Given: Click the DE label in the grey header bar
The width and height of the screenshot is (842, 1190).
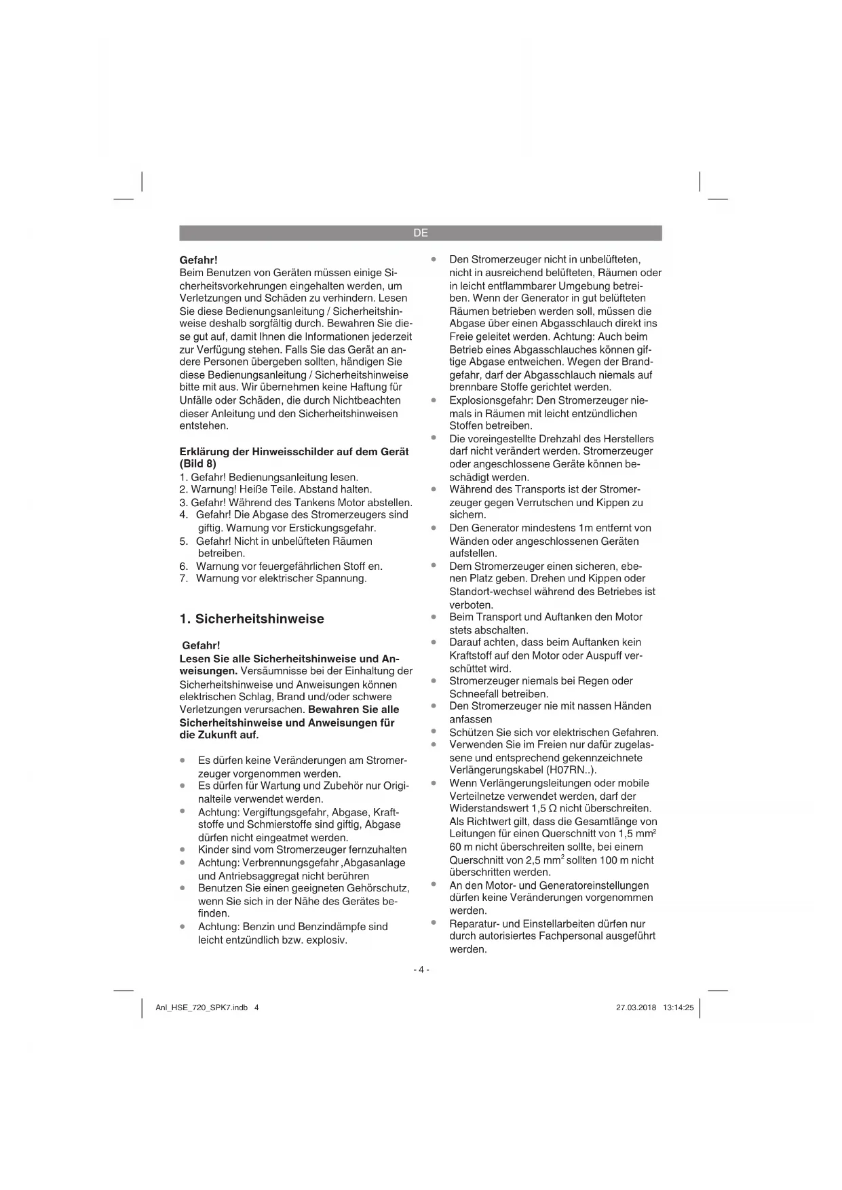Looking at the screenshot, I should (x=421, y=233).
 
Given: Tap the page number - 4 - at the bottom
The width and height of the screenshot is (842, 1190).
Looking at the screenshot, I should (x=421, y=970).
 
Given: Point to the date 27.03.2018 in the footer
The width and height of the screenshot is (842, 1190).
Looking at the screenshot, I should (x=636, y=1007).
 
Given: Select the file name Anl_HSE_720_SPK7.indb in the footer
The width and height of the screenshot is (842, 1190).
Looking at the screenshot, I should (x=202, y=1007).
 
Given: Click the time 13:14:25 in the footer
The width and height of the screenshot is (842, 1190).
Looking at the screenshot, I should (x=678, y=1007).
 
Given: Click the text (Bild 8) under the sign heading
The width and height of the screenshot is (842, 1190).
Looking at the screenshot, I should (x=198, y=464).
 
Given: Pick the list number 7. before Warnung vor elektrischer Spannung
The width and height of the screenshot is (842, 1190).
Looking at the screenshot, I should (x=183, y=579).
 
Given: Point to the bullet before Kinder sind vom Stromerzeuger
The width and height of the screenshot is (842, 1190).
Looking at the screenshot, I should (x=183, y=849).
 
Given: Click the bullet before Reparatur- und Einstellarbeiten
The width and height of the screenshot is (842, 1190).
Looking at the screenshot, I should (x=433, y=923).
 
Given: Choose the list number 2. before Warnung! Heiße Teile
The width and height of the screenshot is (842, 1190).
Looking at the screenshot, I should (x=183, y=489).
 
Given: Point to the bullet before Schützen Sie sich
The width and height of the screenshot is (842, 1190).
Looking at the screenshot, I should (x=433, y=731).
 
